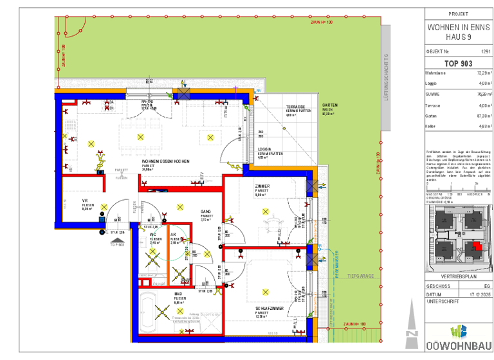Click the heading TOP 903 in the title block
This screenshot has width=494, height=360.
(458, 63)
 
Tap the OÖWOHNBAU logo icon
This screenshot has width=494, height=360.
(458, 332)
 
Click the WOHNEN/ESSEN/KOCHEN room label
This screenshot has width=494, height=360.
(165, 161)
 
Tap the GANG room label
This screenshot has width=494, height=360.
(206, 211)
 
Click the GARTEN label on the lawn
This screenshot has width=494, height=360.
(330, 105)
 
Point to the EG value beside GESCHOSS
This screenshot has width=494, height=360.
(487, 286)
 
